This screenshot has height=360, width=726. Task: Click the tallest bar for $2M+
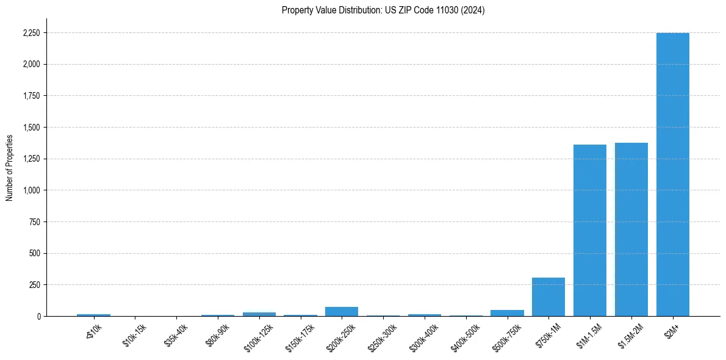(672, 175)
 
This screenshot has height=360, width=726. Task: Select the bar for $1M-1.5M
(590, 231)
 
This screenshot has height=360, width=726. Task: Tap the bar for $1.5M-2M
(631, 229)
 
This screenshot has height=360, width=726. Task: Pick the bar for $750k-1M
(548, 297)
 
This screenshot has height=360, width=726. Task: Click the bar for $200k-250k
(342, 312)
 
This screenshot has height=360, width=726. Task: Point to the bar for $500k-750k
(507, 313)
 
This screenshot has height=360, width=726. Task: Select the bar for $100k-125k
(259, 314)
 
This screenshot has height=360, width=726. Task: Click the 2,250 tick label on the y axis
(32, 33)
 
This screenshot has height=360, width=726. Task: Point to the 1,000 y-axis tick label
(32, 190)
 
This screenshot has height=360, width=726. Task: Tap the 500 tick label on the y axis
(35, 253)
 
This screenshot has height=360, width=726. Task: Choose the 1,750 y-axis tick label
(32, 96)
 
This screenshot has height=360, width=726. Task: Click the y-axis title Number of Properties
(10, 168)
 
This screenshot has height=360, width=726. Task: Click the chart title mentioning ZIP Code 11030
(383, 10)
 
